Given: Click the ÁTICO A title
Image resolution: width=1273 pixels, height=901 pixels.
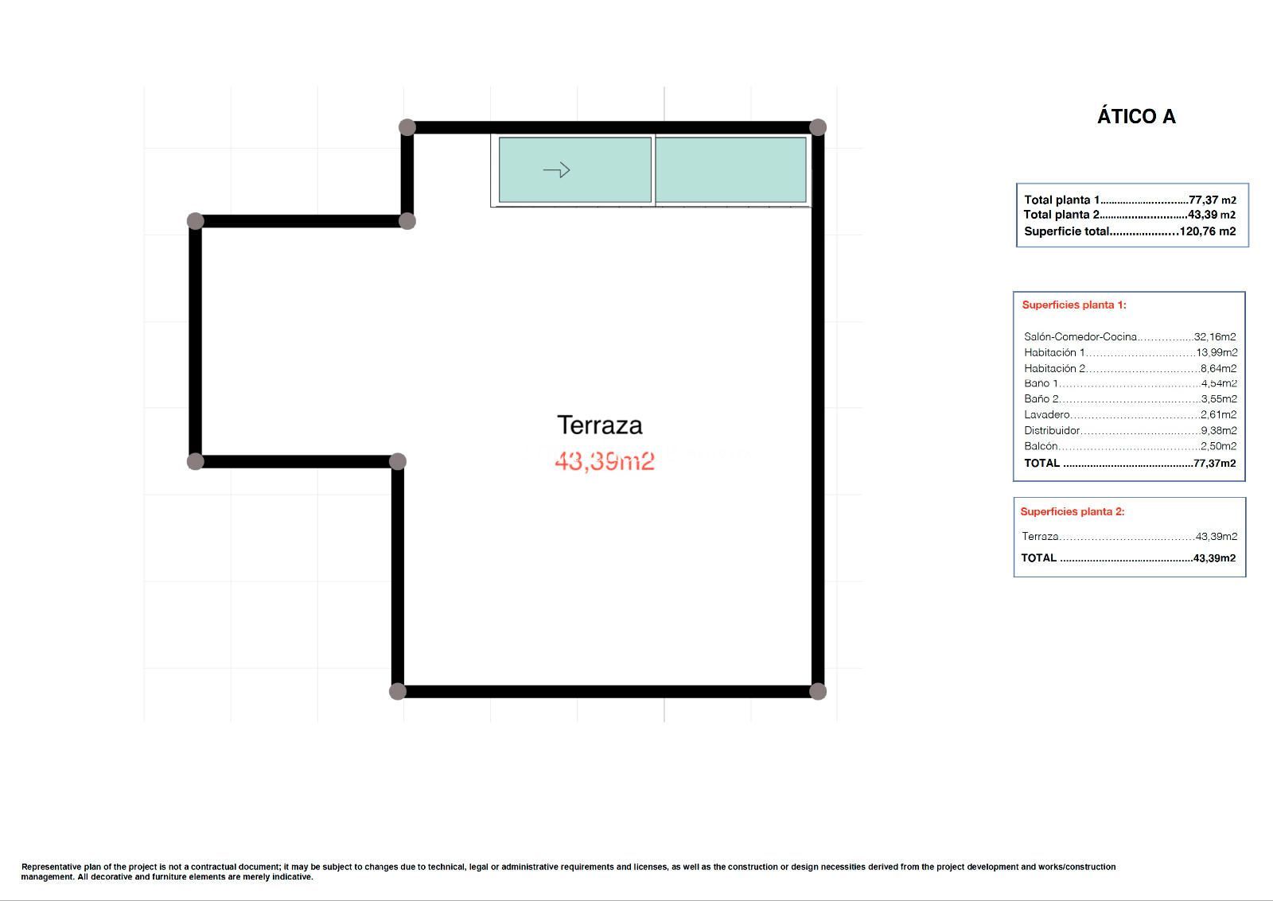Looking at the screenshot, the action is point(1136,116).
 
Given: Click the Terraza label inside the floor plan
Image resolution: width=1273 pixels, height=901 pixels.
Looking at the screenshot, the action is point(600,425).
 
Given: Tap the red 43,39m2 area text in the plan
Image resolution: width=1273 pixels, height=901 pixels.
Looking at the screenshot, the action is point(604,460).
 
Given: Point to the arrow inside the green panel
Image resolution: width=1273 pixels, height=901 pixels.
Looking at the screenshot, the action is point(556,169).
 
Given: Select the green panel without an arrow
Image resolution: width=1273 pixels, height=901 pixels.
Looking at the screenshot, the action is point(731,169).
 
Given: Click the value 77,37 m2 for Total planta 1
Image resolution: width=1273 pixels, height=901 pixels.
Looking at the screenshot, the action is point(1213,200).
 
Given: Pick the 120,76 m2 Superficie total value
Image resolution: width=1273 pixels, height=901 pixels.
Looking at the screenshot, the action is point(1208,231).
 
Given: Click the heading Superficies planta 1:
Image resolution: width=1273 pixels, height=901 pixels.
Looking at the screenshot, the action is point(1074,305).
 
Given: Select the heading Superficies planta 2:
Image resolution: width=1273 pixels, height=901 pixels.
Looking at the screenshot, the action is point(1073,511).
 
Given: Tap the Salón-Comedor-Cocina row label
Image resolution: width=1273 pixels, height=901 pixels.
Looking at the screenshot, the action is point(1080,337).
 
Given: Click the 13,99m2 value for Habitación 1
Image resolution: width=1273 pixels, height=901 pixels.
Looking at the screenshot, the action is point(1217,352).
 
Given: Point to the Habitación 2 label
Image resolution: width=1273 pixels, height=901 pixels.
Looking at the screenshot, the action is point(1055,368).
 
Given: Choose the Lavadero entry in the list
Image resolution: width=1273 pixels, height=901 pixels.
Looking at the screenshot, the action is point(1047,414).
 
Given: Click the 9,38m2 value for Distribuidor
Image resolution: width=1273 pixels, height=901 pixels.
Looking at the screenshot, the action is point(1218,430).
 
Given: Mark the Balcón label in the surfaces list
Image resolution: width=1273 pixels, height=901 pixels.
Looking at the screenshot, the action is point(1041,446).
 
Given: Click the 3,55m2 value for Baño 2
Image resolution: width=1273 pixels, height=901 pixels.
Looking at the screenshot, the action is point(1218,398).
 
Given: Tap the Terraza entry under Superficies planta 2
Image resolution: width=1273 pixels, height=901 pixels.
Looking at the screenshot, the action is point(1040,536).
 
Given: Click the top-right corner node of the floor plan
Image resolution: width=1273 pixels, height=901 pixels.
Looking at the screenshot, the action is point(818,127).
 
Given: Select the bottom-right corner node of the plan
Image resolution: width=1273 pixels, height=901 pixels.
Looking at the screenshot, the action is point(818,691).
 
